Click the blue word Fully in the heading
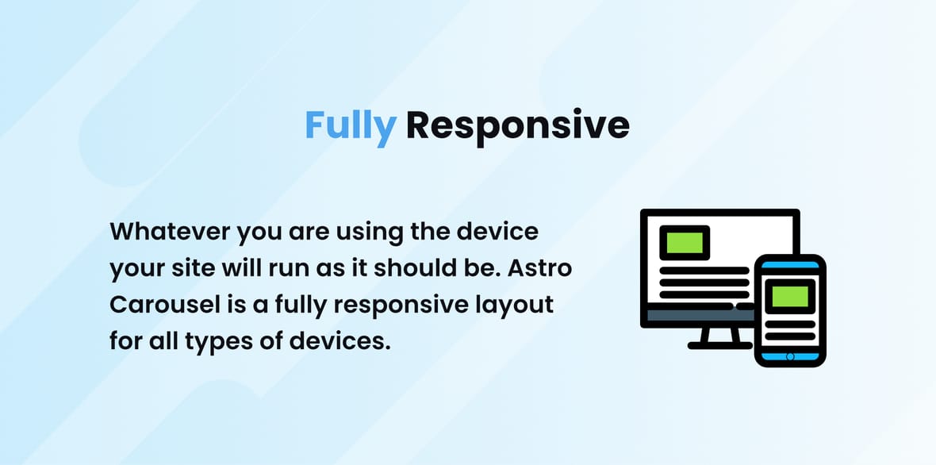[351, 127]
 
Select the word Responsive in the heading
[517, 127]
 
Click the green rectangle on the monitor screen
[685, 242]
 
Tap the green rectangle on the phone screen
[790, 297]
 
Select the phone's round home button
[790, 357]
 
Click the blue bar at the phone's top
[790, 264]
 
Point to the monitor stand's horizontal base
[720, 345]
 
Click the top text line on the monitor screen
[704, 271]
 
